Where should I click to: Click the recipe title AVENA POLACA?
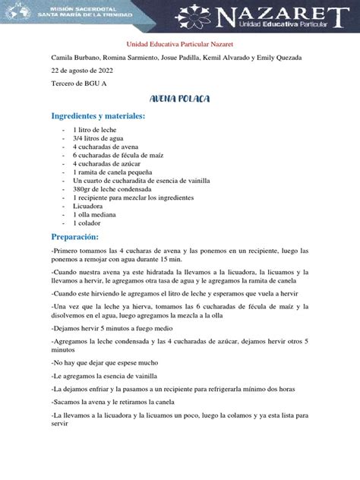pyautogui.click(x=180, y=99)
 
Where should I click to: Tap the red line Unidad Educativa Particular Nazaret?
pyautogui.click(x=179, y=46)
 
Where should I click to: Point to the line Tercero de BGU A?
pyautogui.click(x=78, y=84)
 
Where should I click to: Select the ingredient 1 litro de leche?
pyautogui.click(x=95, y=131)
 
